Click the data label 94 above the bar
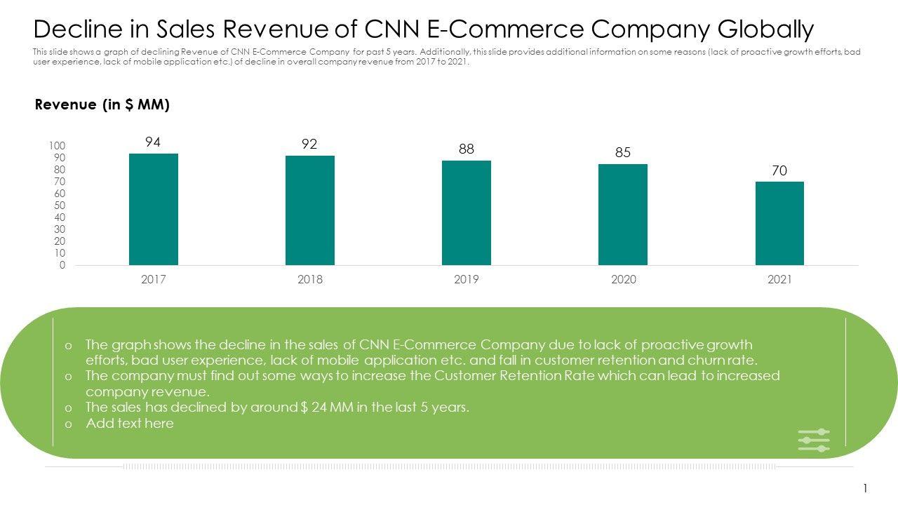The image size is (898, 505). pos(153,142)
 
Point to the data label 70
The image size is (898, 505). pos(779,170)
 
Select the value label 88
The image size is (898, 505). pos(467,149)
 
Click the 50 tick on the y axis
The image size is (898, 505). pos(60,206)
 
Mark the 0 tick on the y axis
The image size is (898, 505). pos(62,265)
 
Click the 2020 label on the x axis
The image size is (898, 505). pos(623,279)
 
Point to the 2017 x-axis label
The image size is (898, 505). pos(153,279)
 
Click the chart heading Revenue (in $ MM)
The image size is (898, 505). pos(102,105)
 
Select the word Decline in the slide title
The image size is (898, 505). pos(76,29)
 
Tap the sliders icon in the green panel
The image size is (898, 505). pos(814,440)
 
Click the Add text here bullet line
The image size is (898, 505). pos(130,423)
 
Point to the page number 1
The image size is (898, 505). pos(866,488)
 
